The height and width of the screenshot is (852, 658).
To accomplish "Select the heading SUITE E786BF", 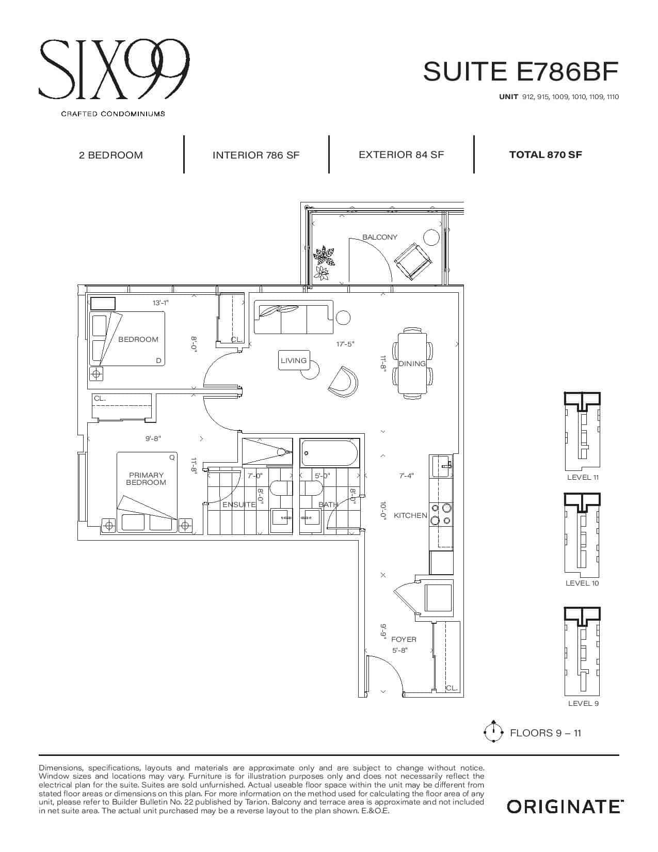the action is point(521,71).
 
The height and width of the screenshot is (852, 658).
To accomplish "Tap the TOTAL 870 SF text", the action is point(545,154).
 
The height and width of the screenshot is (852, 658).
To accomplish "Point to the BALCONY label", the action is point(379,237).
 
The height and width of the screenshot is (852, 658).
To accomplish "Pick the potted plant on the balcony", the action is point(324,263).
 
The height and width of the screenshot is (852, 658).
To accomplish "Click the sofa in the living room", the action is point(294,318).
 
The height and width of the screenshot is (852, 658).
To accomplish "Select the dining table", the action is point(412,364).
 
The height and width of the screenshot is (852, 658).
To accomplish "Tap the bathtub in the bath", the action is point(330,453).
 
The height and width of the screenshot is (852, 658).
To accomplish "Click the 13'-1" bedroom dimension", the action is point(161,303).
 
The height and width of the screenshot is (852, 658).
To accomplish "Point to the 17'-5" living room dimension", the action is point(345,344).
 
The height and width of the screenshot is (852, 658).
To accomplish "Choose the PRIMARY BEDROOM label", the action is point(146,479).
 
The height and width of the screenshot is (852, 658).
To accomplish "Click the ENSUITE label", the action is point(239,504).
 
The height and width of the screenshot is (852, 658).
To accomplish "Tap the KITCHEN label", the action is point(410,516).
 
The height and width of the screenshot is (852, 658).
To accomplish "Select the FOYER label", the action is point(404,639).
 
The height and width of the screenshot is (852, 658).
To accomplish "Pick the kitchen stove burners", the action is point(441,514).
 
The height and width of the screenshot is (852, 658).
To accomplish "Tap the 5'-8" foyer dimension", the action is point(400,651).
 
